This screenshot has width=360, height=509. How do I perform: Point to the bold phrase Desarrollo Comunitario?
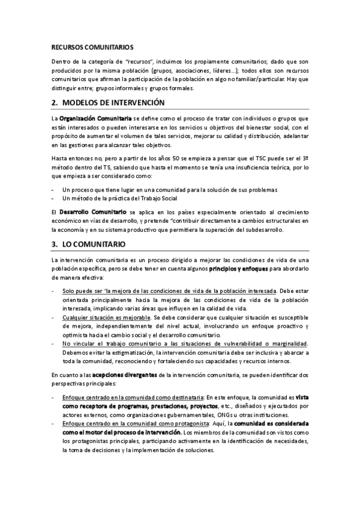click(92, 212)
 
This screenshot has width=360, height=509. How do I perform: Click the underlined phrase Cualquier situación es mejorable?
click(105, 316)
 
